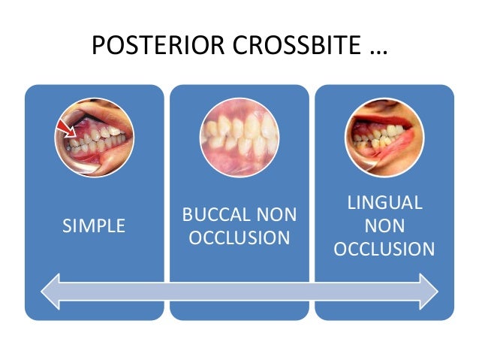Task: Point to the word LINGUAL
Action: click(x=384, y=203)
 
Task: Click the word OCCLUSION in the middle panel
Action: click(x=239, y=238)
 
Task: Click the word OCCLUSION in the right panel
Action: click(x=384, y=249)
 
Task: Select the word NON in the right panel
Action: click(x=384, y=225)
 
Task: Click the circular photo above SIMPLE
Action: click(x=94, y=138)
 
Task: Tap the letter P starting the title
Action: click(x=98, y=47)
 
